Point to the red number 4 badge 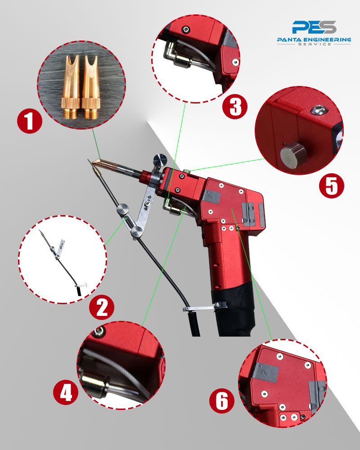[66, 392]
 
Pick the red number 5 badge [332, 186]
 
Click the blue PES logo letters [314, 27]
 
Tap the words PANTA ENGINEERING [314, 40]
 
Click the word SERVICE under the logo [315, 44]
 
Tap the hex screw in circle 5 [318, 109]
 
